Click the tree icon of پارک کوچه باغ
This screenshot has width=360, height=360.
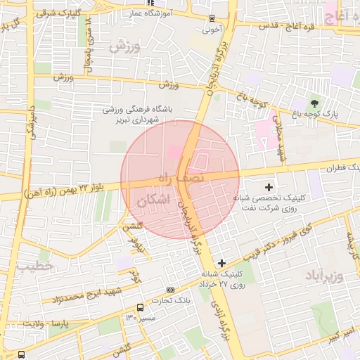point(314,103)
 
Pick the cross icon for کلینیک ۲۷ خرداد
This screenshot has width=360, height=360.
point(221,262)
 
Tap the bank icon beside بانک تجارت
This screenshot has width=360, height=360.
point(169,290)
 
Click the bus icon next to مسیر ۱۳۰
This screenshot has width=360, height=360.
point(140,308)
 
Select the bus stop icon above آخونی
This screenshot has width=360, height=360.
point(212,19)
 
